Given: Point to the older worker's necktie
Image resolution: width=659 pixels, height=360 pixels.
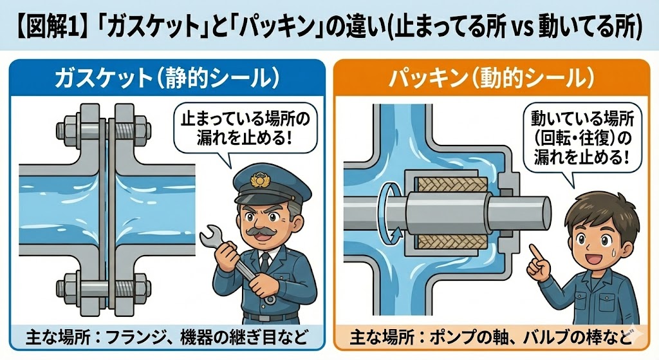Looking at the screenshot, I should pos(265,261).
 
